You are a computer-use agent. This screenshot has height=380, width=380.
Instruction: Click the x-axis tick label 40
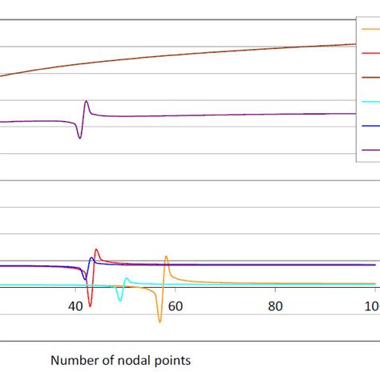[x=75, y=306]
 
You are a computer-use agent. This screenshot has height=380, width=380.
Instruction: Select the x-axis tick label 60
[x=175, y=306]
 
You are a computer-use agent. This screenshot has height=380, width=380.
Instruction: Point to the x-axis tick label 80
[x=275, y=306]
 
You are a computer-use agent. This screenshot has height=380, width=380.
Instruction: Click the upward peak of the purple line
[x=86, y=101]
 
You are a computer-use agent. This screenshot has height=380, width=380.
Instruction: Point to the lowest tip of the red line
[x=90, y=306]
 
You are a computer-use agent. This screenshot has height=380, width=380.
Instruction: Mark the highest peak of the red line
[x=96, y=249]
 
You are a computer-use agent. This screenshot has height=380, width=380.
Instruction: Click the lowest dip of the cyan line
[x=119, y=300]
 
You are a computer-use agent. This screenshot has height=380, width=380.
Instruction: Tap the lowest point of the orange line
[x=160, y=321]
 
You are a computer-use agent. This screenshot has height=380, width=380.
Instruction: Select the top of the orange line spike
[x=166, y=257]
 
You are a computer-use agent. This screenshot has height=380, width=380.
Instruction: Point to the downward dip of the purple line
[x=79, y=139]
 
